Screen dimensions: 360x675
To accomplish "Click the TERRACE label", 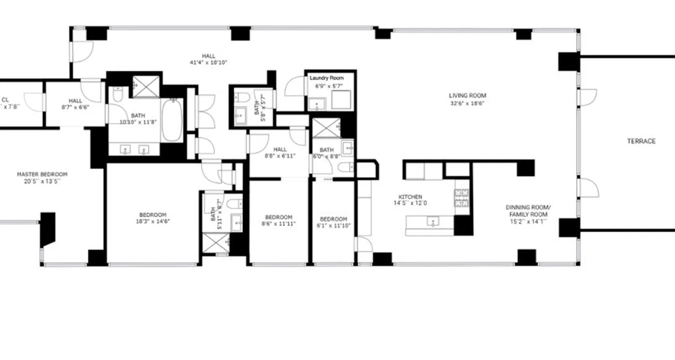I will (641, 141).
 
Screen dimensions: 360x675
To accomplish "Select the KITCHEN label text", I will (410, 197).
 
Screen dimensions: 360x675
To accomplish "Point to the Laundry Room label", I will (326, 78).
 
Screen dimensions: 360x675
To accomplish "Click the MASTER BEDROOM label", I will (42, 175).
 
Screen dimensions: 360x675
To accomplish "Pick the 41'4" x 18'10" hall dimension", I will (208, 63).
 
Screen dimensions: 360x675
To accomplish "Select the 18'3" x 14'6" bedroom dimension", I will (153, 221).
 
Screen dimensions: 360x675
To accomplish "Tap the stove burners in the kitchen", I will (462, 198).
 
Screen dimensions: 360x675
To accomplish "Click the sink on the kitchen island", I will (433, 222).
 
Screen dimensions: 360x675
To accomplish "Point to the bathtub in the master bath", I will (172, 120).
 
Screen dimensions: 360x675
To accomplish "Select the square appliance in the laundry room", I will (341, 99).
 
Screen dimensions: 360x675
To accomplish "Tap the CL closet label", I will (5, 100).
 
